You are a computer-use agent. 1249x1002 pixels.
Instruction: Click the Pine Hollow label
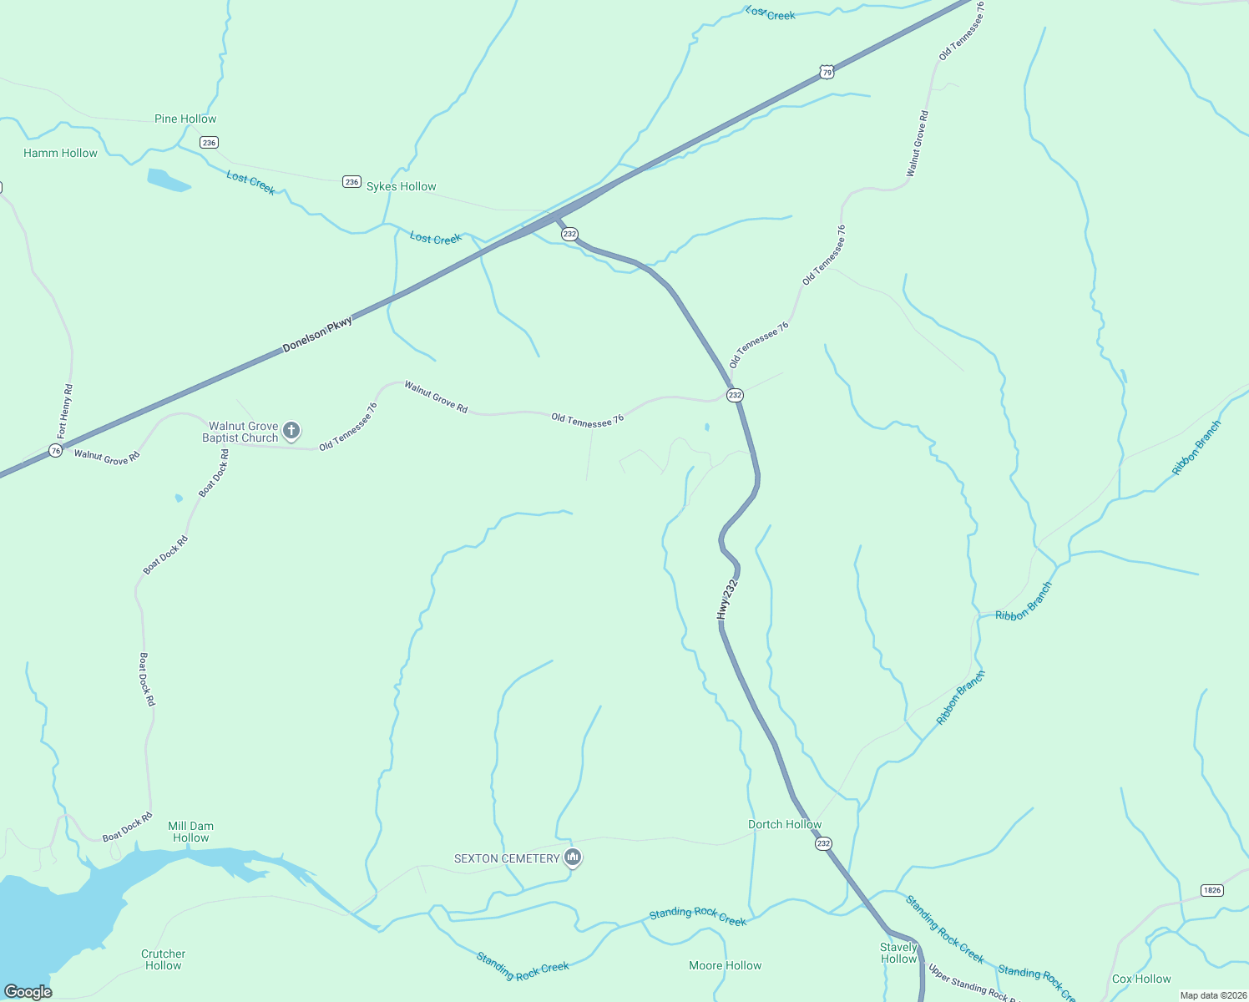tap(185, 119)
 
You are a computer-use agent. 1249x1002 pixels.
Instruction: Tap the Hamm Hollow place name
tap(60, 153)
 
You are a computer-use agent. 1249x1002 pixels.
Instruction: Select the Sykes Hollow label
tap(401, 186)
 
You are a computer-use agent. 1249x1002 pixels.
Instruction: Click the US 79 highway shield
tap(826, 73)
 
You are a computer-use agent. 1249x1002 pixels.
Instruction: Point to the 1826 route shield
tap(1211, 890)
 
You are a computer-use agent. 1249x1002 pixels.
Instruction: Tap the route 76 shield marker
tap(55, 450)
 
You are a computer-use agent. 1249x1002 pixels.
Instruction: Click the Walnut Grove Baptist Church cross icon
tap(291, 431)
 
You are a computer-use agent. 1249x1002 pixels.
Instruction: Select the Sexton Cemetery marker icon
tap(573, 858)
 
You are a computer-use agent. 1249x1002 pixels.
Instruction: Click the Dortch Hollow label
tap(785, 824)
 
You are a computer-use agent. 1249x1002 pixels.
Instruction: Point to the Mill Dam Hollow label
tap(191, 832)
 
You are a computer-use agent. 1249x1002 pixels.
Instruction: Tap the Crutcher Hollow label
tap(164, 959)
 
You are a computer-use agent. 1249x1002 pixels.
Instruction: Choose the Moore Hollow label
tap(726, 965)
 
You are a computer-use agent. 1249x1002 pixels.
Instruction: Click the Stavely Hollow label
tap(899, 953)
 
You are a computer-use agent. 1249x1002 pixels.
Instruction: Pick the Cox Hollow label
tap(1141, 979)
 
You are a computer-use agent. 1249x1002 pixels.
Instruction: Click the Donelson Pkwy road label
tap(317, 335)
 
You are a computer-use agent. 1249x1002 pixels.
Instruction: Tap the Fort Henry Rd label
tap(65, 412)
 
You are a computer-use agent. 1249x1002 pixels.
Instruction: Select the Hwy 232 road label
tap(727, 600)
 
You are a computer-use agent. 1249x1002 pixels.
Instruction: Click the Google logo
tap(28, 992)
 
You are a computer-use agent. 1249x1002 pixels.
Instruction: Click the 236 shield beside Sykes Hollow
tap(351, 182)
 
